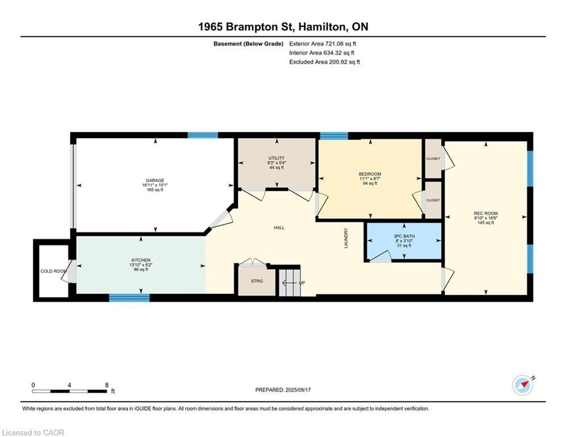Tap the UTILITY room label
(x=276, y=158)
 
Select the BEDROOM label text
(x=370, y=174)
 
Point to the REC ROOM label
(x=486, y=213)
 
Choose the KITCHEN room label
(x=141, y=260)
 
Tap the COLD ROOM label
(x=53, y=271)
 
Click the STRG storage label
(x=257, y=281)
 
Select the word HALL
(x=279, y=228)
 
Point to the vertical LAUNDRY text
(x=345, y=238)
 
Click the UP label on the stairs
(x=302, y=283)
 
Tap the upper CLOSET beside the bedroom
(x=433, y=159)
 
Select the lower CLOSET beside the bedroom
(x=433, y=200)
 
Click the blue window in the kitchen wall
(x=129, y=297)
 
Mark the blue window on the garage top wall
(x=203, y=135)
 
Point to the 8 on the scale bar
(x=107, y=385)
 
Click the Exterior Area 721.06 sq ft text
(x=323, y=43)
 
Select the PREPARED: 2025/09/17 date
(x=283, y=390)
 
